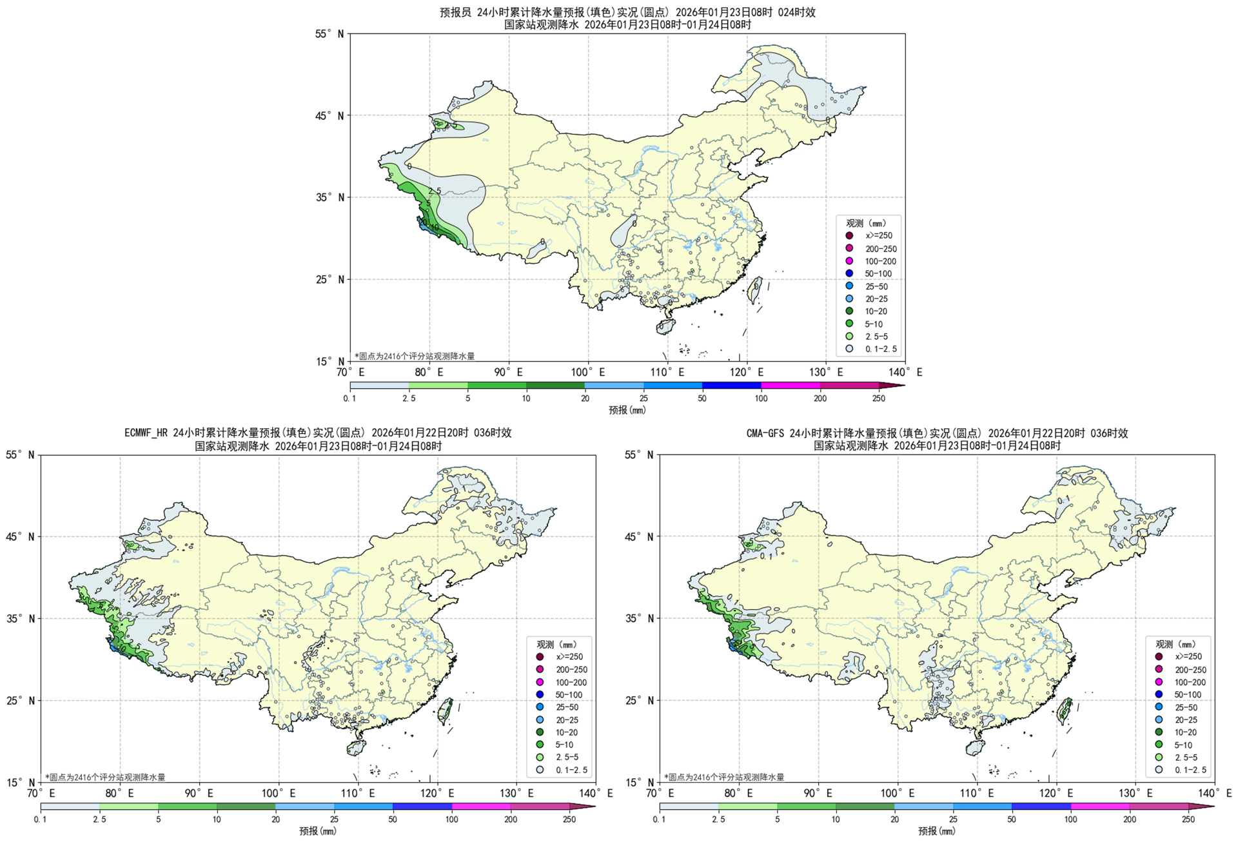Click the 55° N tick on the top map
click(329, 34)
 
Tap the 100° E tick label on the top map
click(587, 372)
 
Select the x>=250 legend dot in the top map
click(849, 236)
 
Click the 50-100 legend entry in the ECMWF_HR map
click(568, 695)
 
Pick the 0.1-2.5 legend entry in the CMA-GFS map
click(1190, 770)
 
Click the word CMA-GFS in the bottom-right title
click(765, 433)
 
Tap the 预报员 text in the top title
click(457, 12)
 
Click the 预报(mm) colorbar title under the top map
click(627, 410)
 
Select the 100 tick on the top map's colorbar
click(761, 398)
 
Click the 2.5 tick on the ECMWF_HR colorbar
click(99, 819)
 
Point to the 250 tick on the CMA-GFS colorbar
click(1188, 819)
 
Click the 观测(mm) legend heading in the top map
click(866, 223)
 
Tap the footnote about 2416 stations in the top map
click(415, 356)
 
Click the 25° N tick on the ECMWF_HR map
click(20, 701)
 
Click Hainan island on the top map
click(666, 326)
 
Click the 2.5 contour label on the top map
click(435, 191)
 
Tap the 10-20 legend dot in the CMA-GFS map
click(1159, 732)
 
